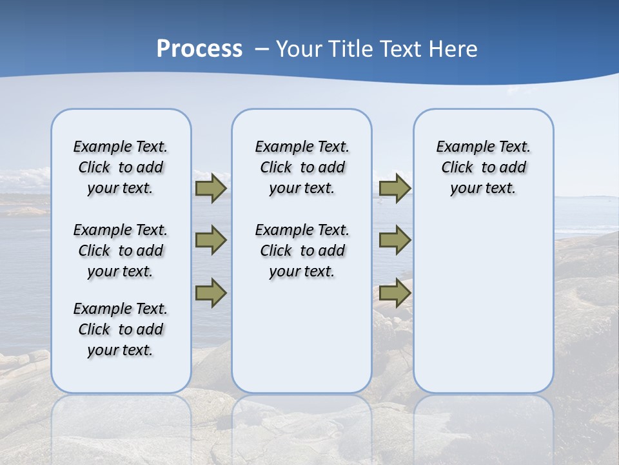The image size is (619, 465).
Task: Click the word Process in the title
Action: pyautogui.click(x=199, y=48)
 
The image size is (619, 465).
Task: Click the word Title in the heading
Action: pyautogui.click(x=351, y=49)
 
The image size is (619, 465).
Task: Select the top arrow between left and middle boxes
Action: pyautogui.click(x=210, y=188)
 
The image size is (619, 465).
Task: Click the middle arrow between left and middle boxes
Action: pyautogui.click(x=210, y=240)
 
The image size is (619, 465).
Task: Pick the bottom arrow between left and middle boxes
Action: pyautogui.click(x=210, y=293)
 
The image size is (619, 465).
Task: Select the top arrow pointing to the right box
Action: pyautogui.click(x=395, y=188)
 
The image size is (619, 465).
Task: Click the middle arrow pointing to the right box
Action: pyautogui.click(x=395, y=240)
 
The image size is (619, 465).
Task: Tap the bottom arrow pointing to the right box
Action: pyautogui.click(x=395, y=293)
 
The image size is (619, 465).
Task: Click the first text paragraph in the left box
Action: pyautogui.click(x=121, y=167)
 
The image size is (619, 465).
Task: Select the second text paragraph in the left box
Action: pyautogui.click(x=121, y=251)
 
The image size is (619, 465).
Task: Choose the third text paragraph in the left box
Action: pyautogui.click(x=121, y=329)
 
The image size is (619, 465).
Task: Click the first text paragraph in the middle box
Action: pyautogui.click(x=302, y=167)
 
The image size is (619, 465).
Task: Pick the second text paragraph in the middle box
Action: pyautogui.click(x=302, y=251)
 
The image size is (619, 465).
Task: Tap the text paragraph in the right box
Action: pyautogui.click(x=483, y=167)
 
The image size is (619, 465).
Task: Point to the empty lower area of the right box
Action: pyautogui.click(x=483, y=304)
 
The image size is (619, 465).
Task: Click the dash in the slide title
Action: pyautogui.click(x=262, y=49)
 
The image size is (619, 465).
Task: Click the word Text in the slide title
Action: pyautogui.click(x=402, y=49)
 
